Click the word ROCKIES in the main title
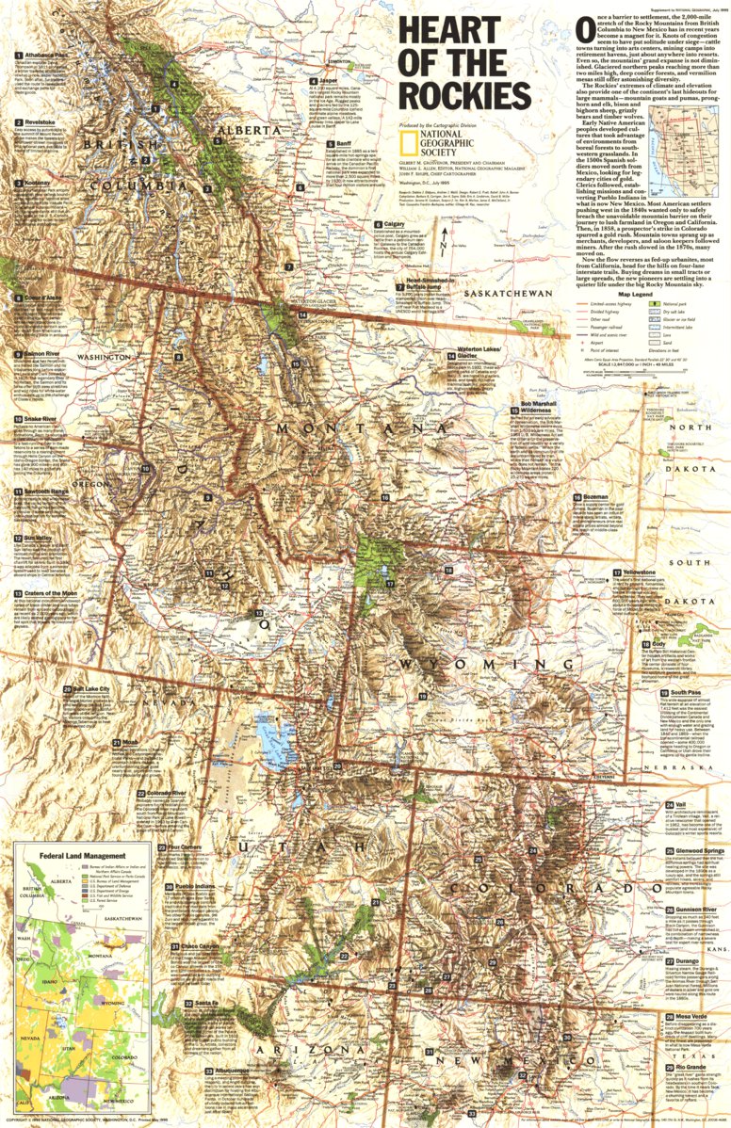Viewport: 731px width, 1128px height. tap(463, 95)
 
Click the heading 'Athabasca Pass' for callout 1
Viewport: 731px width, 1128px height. tap(43, 56)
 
